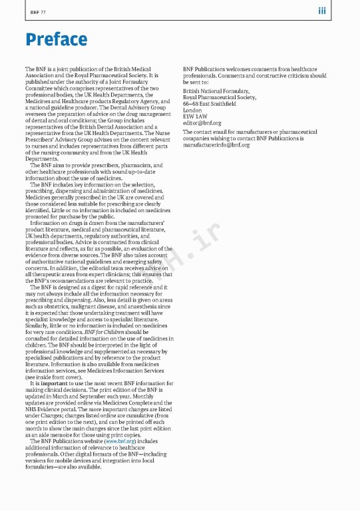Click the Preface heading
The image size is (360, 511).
[56, 40]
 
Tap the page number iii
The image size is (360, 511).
[321, 11]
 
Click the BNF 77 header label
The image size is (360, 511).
[38, 12]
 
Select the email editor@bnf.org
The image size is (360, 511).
[202, 122]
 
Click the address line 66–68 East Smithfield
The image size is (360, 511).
[210, 104]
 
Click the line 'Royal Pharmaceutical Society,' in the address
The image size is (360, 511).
[220, 97]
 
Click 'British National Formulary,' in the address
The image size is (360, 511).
[216, 91]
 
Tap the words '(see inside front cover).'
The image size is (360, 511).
[55, 377]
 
